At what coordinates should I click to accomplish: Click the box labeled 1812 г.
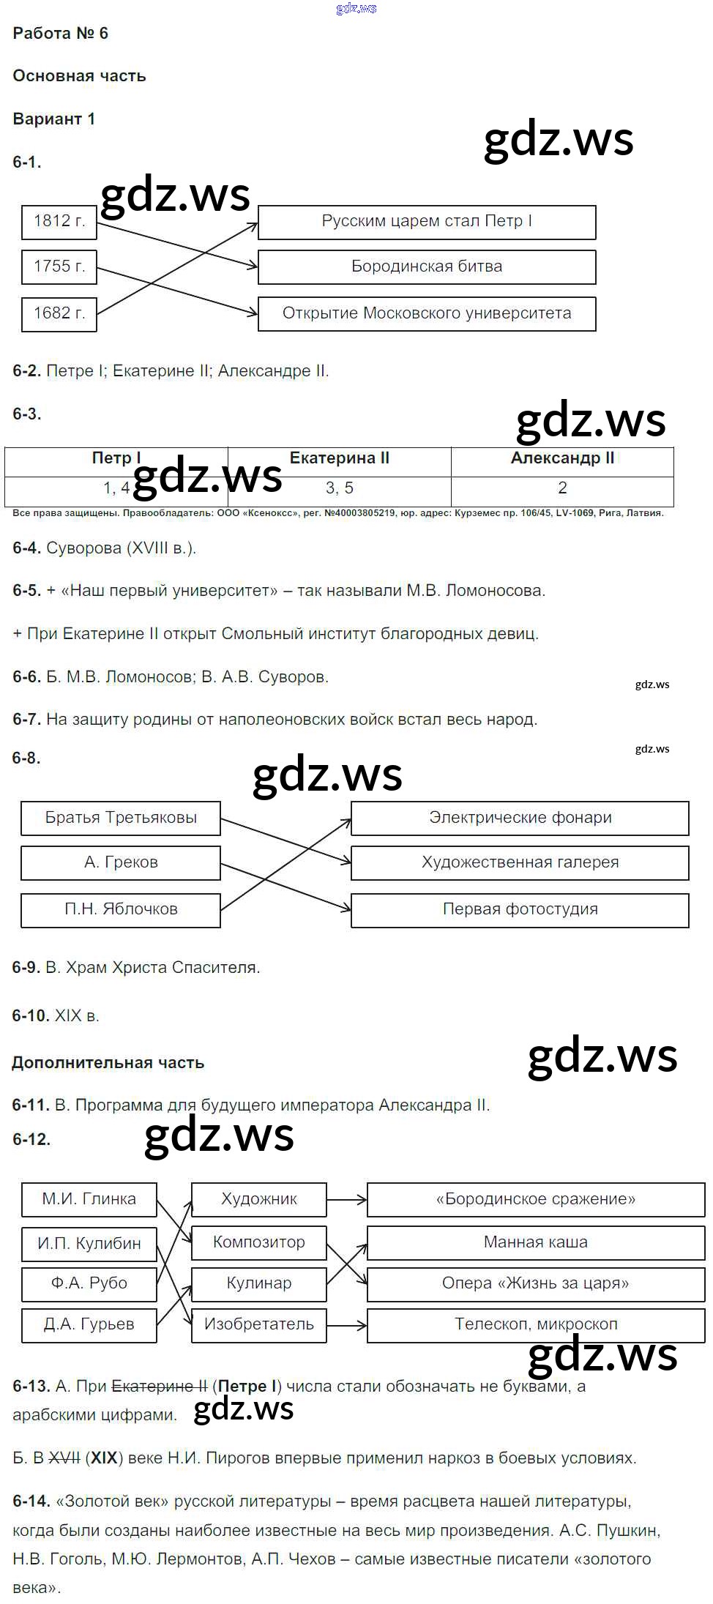(x=59, y=222)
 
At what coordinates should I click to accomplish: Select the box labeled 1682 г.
(x=59, y=314)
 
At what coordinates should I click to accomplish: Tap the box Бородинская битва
(x=427, y=267)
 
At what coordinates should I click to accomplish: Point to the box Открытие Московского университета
(x=427, y=314)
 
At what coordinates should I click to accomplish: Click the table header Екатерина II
(x=340, y=459)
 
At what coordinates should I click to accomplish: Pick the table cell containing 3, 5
(x=340, y=488)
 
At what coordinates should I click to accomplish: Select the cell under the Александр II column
(x=562, y=488)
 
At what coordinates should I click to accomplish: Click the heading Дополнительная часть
(x=108, y=1063)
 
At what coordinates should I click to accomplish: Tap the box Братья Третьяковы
(x=121, y=818)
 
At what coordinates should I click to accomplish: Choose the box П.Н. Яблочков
(x=121, y=910)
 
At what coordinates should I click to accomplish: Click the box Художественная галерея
(x=520, y=863)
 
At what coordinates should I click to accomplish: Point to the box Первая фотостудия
(x=520, y=910)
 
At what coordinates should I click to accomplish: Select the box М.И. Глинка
(x=89, y=1200)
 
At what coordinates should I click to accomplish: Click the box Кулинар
(x=259, y=1284)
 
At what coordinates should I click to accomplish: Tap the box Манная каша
(x=536, y=1243)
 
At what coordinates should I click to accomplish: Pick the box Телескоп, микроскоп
(x=536, y=1325)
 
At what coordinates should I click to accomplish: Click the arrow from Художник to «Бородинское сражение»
(x=346, y=1200)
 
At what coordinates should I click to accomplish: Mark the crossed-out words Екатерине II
(x=159, y=1387)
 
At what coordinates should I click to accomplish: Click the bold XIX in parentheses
(x=104, y=1458)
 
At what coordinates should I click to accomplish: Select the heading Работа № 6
(x=61, y=34)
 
